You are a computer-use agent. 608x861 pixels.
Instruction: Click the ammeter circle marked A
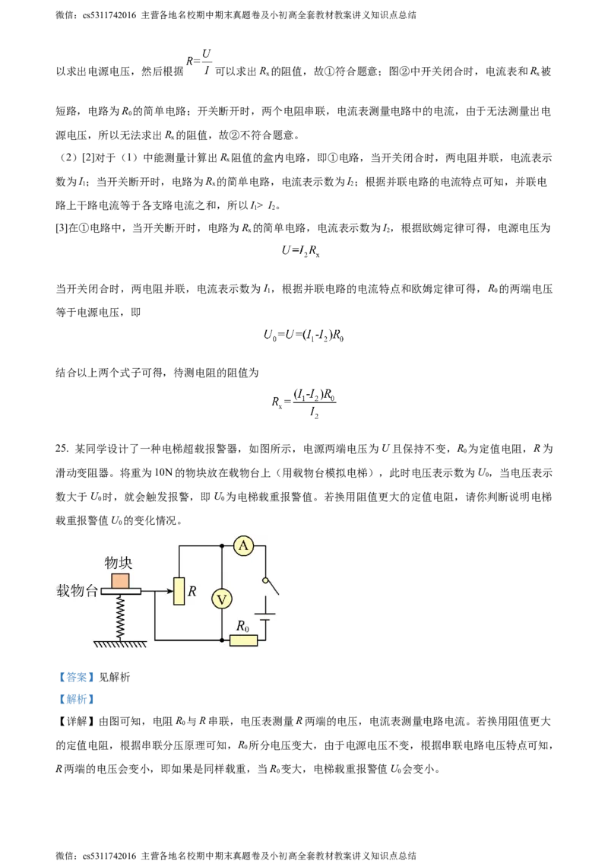tap(243, 545)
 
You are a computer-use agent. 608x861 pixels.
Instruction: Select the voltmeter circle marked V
tap(221, 599)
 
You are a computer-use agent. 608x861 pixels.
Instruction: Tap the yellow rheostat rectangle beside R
tap(179, 591)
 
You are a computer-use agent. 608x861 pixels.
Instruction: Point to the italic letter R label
tap(192, 590)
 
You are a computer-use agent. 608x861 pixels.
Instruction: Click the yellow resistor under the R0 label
tap(243, 640)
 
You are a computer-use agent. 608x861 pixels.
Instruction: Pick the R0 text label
tap(242, 626)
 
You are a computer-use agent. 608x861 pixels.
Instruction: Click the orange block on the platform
tap(120, 580)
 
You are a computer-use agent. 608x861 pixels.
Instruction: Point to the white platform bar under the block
tap(121, 591)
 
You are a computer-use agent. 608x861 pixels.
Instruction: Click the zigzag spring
tap(120, 617)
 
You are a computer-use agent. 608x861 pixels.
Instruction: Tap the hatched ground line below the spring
tap(120, 645)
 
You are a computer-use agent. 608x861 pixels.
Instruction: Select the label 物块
tap(119, 563)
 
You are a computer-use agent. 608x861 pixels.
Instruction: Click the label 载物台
tap(77, 591)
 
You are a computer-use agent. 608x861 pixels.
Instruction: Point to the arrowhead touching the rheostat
tap(169, 591)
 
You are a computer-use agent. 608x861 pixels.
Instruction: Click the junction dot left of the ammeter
tap(221, 545)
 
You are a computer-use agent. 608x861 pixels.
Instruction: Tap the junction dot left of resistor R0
tap(221, 640)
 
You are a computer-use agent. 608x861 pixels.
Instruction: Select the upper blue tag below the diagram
tap(76, 678)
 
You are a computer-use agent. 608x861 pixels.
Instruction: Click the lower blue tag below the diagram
tap(76, 699)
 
